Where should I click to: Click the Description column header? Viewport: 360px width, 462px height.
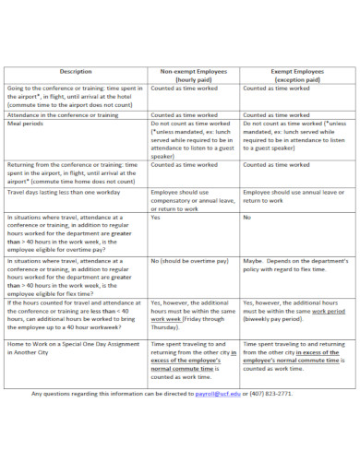click(x=76, y=70)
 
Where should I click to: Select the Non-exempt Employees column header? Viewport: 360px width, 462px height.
click(x=193, y=75)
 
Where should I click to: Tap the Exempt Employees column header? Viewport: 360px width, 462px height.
click(x=295, y=75)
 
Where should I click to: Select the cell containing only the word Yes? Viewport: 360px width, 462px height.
click(x=156, y=218)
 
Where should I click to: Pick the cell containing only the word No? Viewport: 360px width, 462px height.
click(x=247, y=218)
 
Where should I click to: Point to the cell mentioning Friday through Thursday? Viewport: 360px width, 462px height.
click(x=192, y=314)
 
